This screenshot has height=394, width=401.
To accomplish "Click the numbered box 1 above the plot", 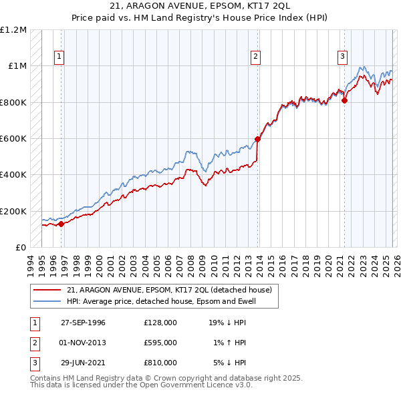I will click(59, 57).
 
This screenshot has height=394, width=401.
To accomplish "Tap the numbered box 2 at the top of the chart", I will click(256, 57).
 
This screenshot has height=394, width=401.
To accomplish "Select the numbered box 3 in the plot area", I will click(342, 57).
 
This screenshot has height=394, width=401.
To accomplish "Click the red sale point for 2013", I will click(257, 140).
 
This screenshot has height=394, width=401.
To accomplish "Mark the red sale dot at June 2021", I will click(345, 101).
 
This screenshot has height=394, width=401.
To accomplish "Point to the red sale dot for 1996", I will click(61, 224).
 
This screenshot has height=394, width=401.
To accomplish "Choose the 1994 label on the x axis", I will click(31, 262).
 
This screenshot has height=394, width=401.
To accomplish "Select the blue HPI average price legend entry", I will click(161, 301).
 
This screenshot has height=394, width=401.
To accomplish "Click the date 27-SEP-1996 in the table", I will click(83, 323).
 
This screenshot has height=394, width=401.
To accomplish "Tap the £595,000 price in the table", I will click(160, 343).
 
